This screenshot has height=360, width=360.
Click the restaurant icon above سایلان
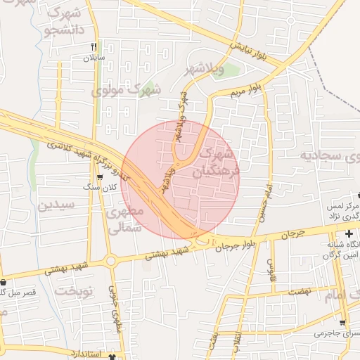(94, 46)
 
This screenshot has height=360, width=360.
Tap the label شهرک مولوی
(127, 90)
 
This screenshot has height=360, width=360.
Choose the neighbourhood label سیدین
(56, 205)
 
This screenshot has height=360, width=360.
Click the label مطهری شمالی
(127, 219)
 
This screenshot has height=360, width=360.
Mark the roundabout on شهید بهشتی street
(110, 262)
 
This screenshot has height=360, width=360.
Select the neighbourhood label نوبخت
(75, 290)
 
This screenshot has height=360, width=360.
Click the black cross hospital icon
(349, 233)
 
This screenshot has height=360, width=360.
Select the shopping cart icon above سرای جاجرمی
(343, 323)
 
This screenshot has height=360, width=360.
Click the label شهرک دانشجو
(67, 21)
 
